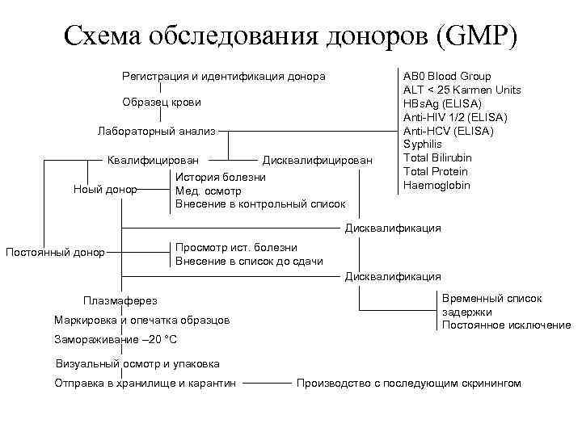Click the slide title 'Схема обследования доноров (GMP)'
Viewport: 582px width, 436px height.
[291, 34]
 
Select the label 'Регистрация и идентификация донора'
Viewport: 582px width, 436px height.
[223, 77]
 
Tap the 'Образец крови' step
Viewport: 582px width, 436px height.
[162, 103]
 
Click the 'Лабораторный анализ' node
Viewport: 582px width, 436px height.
[157, 131]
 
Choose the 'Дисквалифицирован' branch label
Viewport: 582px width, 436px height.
[318, 160]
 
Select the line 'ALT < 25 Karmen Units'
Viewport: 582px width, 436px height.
[462, 90]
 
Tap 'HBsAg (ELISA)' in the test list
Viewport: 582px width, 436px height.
[442, 103]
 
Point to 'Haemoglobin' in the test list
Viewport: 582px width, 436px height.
[436, 185]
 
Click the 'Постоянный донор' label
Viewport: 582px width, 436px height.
[55, 252]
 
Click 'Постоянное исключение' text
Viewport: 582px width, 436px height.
[506, 325]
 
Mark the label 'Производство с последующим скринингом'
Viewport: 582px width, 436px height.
[409, 383]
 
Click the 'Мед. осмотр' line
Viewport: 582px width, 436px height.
[209, 191]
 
